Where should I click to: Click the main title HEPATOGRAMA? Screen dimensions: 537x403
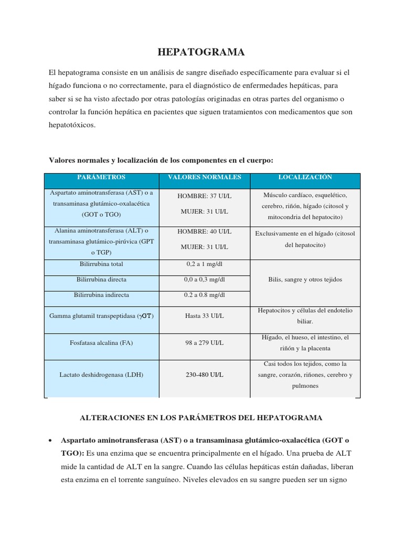pos(201,52)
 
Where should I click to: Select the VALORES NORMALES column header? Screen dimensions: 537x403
pos(204,177)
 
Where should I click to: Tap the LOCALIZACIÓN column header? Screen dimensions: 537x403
pos(305,177)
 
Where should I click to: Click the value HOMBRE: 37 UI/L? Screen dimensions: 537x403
pos(204,196)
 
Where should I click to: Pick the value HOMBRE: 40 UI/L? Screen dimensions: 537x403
pos(204,231)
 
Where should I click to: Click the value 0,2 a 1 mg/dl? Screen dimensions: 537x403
pos(204,265)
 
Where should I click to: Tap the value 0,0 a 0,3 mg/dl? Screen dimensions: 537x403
pos(204,280)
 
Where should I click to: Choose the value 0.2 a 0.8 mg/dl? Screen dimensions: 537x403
pos(204,295)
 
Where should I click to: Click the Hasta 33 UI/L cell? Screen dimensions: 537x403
pos(204,316)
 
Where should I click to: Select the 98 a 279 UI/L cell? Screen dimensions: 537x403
pos(204,342)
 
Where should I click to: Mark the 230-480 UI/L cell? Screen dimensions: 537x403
pos(204,374)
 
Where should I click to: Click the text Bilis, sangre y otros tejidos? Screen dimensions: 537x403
pos(305,280)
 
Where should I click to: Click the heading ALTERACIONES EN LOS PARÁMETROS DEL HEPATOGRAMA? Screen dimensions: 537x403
pos(201,417)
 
